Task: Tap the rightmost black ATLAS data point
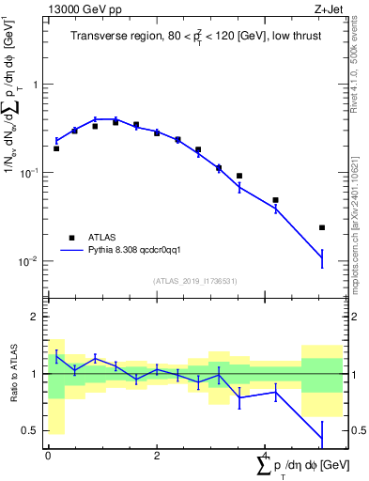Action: [x=322, y=227]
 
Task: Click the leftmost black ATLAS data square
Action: [x=56, y=148]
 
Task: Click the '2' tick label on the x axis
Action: [x=157, y=456]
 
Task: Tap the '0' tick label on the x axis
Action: [x=49, y=456]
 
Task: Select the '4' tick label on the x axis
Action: [x=266, y=456]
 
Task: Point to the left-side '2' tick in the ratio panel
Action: [x=36, y=318]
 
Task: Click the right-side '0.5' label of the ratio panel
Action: [x=355, y=430]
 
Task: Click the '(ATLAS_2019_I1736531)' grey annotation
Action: [x=194, y=281]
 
